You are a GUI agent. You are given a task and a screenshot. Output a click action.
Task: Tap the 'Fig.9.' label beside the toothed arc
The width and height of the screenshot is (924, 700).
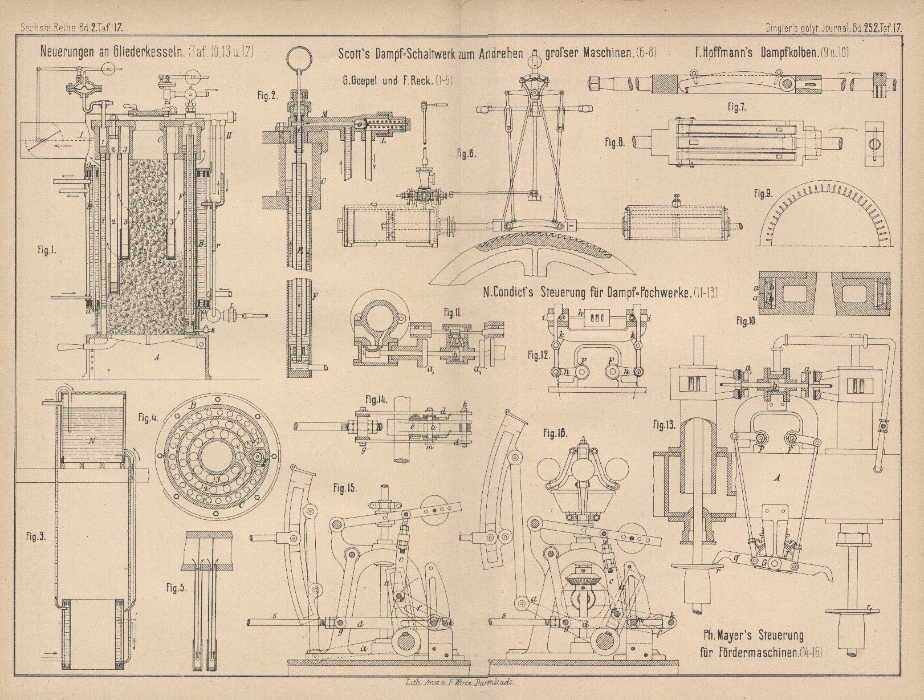(x=762, y=193)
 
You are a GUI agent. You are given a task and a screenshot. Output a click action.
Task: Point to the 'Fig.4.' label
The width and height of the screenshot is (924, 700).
(x=146, y=417)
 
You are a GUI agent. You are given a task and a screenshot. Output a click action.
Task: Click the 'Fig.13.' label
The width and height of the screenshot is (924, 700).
(x=664, y=423)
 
